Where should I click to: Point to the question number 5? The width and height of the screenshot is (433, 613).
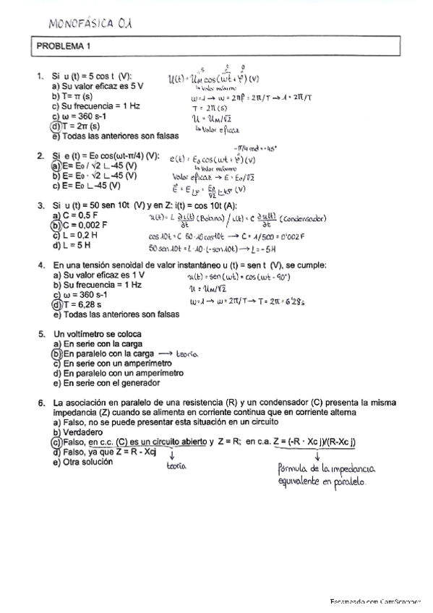coord(41,334)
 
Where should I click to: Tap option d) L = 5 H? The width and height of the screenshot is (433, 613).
coord(73,245)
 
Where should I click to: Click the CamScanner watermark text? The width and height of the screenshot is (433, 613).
coord(376,601)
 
